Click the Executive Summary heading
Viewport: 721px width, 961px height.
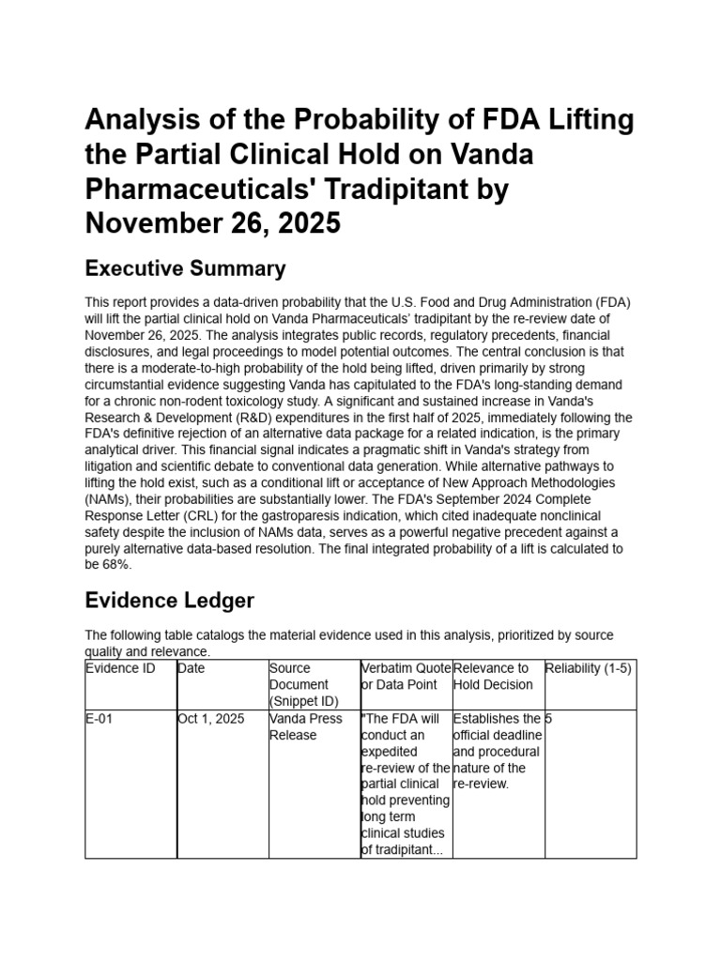(185, 269)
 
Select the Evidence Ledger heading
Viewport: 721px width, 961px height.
(169, 600)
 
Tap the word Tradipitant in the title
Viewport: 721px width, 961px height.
(430, 190)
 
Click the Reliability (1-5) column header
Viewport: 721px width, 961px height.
(588, 668)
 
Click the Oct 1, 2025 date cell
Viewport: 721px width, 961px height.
(210, 719)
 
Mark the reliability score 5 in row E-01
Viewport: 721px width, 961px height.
(549, 719)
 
